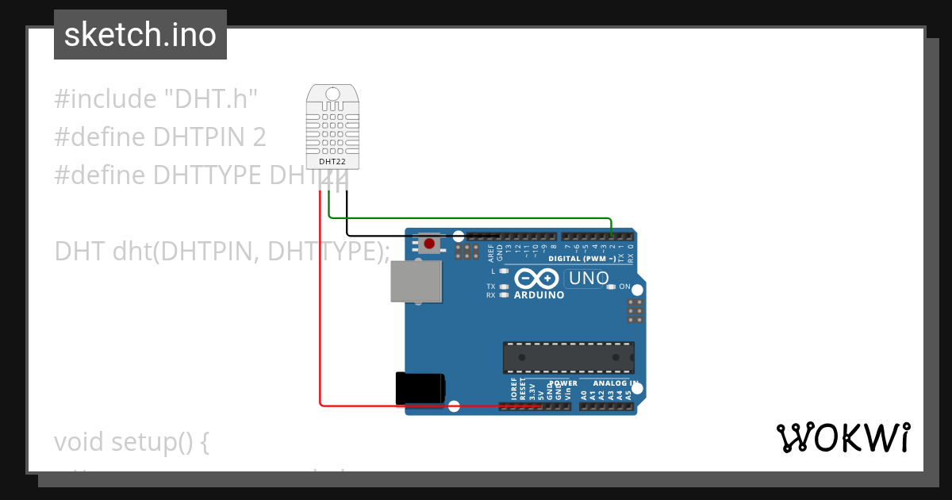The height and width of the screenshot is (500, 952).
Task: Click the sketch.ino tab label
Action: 140,35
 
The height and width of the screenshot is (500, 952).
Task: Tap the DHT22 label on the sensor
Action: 332,162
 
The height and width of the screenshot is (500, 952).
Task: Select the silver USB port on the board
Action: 416,282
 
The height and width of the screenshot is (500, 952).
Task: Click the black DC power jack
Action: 420,388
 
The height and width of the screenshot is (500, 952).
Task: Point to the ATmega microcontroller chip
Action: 569,357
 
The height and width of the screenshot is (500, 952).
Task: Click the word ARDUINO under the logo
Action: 539,295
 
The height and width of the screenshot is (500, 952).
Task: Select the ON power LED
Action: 611,287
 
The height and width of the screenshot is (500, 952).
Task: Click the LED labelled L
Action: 504,271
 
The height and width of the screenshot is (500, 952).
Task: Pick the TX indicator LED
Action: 504,287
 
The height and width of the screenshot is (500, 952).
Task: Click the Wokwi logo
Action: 843,437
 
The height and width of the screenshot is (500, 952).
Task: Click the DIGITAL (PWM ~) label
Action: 582,259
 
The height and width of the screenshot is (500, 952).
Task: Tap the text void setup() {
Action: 132,441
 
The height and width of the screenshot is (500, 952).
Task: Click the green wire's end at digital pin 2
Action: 612,236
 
